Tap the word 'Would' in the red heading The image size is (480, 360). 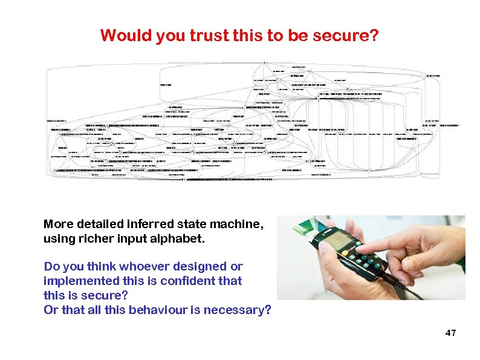coord(126,36)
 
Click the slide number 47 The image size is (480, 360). coord(450,333)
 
